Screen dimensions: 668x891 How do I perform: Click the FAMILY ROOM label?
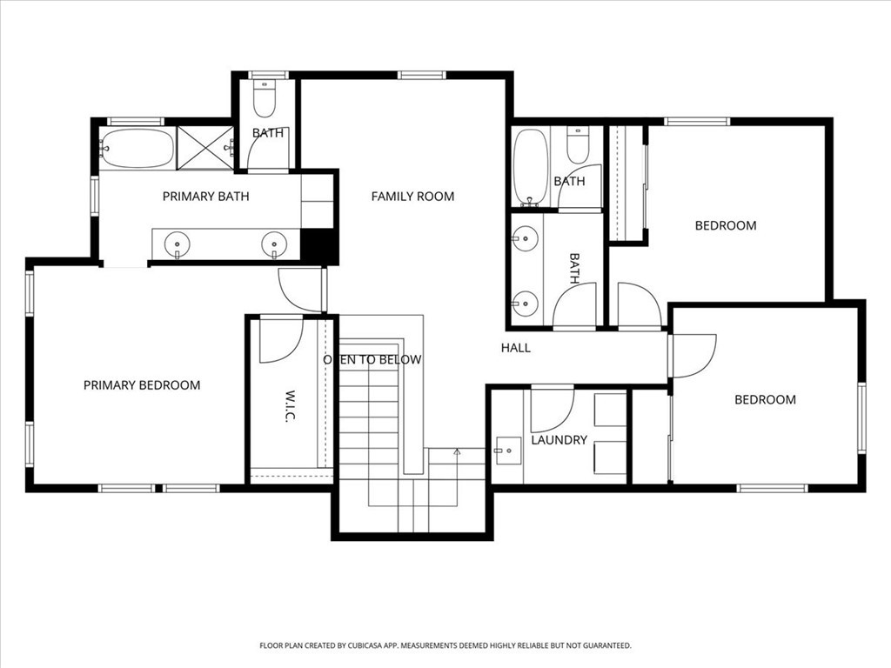(412, 197)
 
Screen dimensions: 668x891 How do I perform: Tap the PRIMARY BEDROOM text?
(142, 385)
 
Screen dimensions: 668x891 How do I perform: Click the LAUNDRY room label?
(559, 440)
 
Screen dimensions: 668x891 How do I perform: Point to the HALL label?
(515, 348)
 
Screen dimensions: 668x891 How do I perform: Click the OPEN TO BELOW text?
(372, 360)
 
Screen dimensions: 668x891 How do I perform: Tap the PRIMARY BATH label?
(205, 197)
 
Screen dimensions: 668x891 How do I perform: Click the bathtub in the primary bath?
(137, 149)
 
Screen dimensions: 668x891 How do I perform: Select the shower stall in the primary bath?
(205, 148)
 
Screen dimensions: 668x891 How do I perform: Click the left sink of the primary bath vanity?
(178, 244)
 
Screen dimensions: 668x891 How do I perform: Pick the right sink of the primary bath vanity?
(275, 244)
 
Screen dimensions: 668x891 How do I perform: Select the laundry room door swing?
(551, 410)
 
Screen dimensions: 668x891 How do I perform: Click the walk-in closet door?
(280, 341)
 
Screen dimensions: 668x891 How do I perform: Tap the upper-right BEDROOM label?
(725, 226)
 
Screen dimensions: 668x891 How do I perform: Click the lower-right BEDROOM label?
(765, 400)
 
